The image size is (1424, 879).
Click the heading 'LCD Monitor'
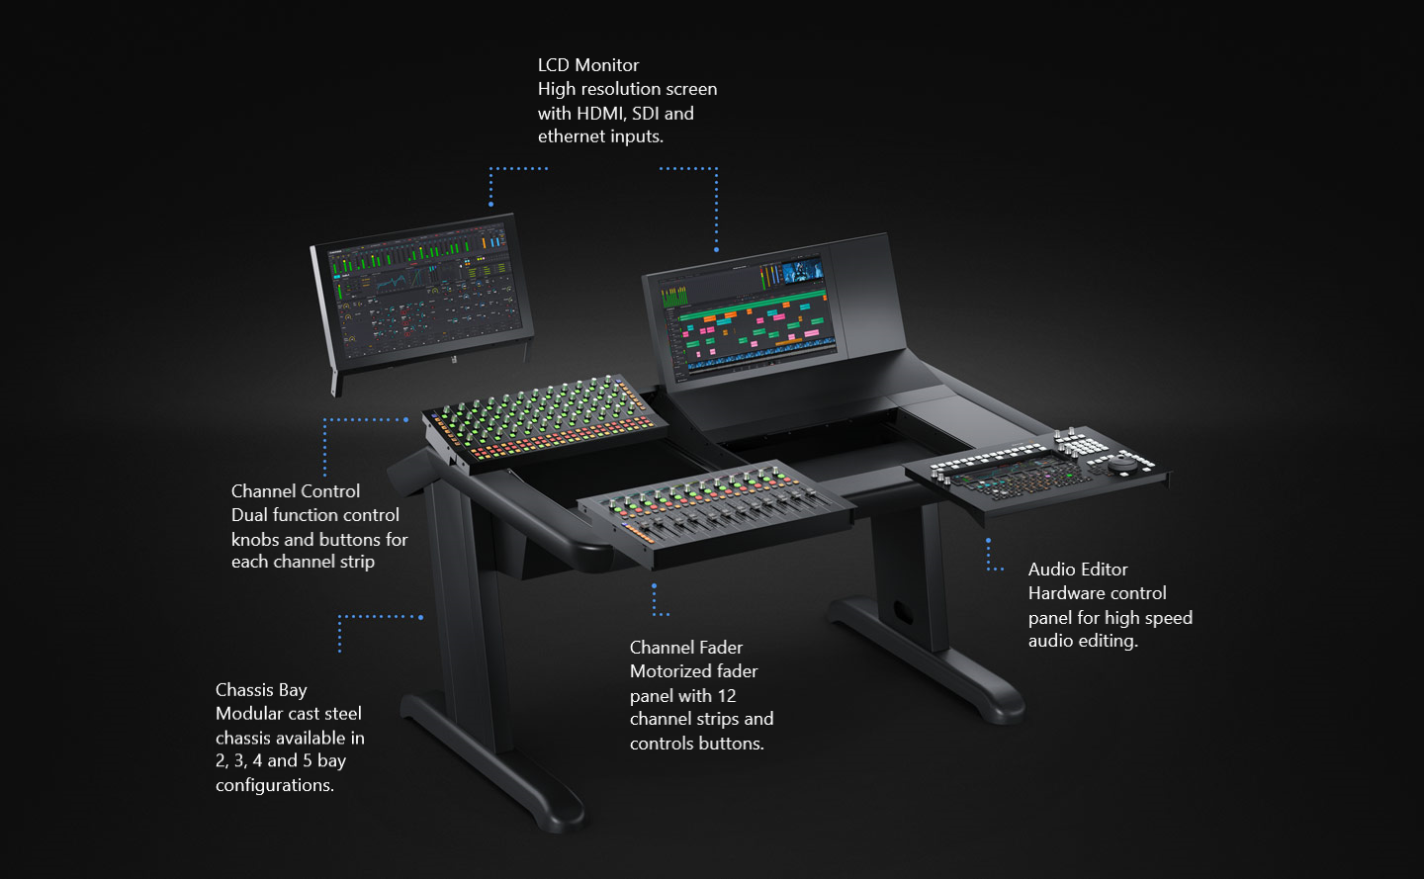coord(588,65)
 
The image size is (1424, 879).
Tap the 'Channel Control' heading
coord(295,491)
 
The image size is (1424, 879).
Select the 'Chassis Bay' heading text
coord(261,690)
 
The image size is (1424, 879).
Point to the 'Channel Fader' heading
coord(685,648)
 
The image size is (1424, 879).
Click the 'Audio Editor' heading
coord(1077,570)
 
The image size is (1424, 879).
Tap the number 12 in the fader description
coord(726,696)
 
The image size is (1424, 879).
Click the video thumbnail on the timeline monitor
coord(802,270)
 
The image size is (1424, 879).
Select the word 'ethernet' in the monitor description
coord(570,136)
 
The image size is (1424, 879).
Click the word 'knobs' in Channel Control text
coord(255,540)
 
